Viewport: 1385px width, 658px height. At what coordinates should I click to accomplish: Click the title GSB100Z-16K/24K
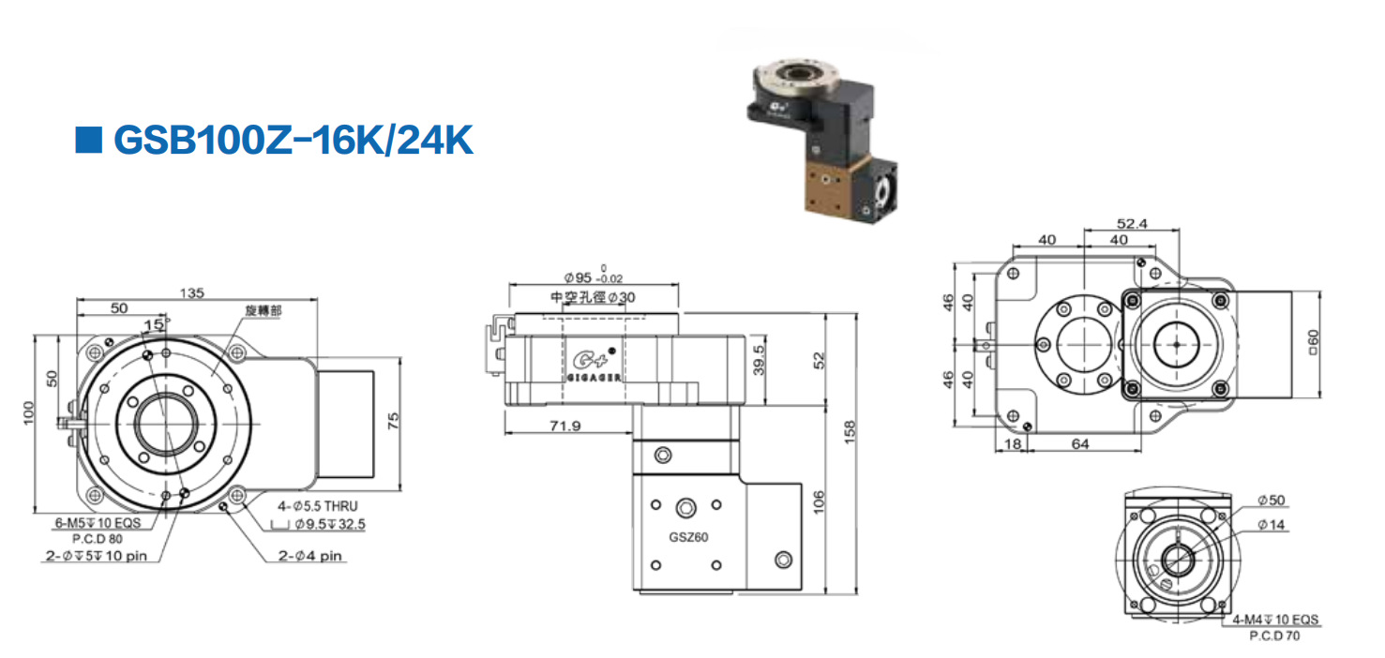293,140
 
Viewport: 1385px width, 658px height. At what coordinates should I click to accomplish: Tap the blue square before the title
88,140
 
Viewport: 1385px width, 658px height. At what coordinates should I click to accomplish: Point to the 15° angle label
153,323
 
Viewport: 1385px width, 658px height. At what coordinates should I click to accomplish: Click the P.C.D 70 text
1275,636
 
